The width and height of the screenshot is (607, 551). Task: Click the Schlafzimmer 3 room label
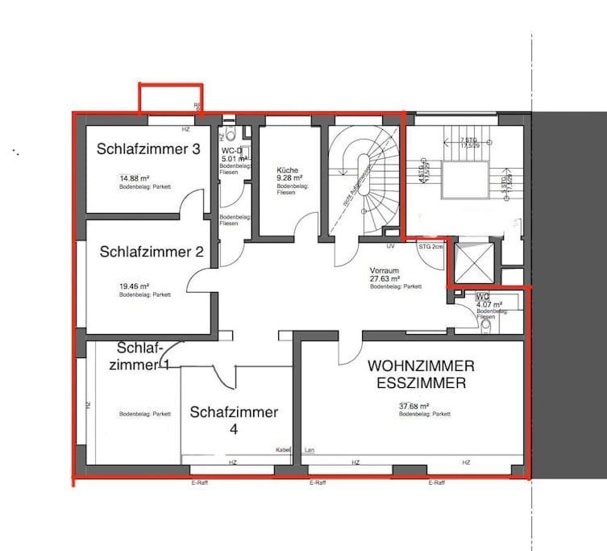148,148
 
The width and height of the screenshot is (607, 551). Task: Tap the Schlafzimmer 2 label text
152,251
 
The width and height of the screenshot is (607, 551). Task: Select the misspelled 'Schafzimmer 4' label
234,412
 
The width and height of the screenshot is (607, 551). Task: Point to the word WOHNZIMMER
421,365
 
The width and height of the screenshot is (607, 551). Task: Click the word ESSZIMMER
421,383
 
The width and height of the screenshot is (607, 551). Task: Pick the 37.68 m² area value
414,407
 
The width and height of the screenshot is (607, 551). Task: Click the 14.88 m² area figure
134,178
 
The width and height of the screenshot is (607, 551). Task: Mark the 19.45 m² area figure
133,286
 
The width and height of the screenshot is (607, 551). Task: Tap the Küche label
287,170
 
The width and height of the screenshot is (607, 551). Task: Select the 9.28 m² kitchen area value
289,177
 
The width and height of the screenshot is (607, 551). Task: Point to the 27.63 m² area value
385,278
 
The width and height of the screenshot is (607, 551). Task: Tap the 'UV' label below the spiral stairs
390,245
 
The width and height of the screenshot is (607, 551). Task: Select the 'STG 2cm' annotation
430,245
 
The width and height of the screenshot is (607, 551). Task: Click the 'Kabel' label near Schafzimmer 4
283,449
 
